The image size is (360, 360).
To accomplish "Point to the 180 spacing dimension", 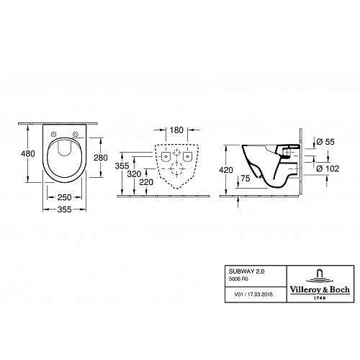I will tap(175, 130).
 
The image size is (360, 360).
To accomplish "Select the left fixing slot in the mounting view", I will tap(165, 156).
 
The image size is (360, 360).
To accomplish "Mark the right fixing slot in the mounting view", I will tap(186, 156).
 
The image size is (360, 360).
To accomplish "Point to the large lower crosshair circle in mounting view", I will tap(176, 166).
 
